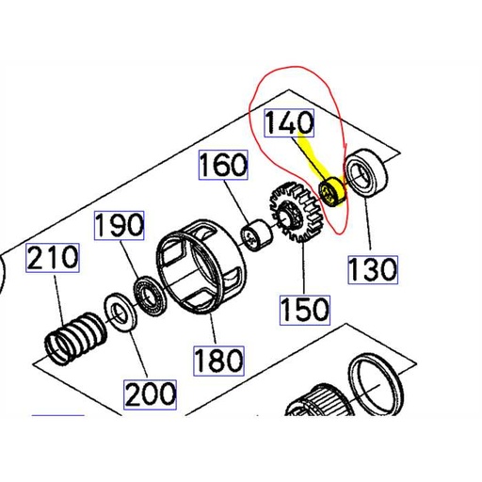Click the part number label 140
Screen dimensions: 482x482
click(x=292, y=124)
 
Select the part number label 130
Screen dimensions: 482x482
click(x=372, y=270)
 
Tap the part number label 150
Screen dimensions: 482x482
click(x=303, y=308)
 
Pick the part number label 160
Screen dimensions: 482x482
click(x=223, y=168)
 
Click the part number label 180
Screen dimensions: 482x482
click(x=217, y=358)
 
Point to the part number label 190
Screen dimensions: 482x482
click(x=119, y=226)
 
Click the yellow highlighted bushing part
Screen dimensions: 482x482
click(x=331, y=192)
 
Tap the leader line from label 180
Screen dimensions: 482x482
click(x=211, y=328)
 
